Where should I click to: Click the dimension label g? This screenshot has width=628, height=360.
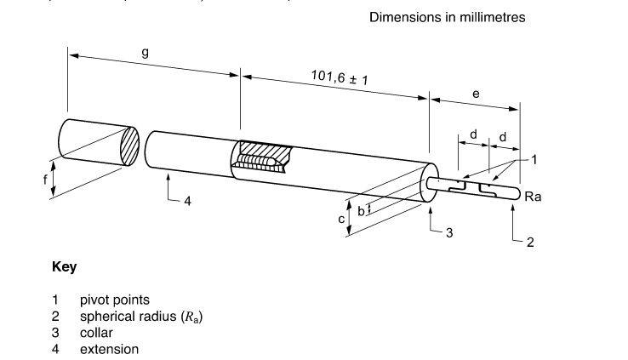(x=146, y=52)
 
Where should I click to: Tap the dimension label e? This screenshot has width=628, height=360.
(x=476, y=94)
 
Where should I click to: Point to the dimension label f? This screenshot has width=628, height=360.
(x=46, y=180)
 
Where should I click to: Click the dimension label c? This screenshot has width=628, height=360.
(x=342, y=219)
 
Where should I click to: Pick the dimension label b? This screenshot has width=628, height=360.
(x=361, y=209)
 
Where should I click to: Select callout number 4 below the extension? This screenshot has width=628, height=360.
(x=187, y=202)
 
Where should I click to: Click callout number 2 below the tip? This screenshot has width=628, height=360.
(x=530, y=242)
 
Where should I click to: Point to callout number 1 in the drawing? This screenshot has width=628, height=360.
(x=534, y=159)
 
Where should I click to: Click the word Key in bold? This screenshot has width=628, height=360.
(x=64, y=267)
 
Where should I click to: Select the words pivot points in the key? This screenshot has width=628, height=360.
(x=114, y=300)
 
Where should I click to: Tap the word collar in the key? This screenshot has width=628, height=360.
(x=96, y=333)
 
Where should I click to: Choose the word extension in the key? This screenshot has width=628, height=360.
(x=109, y=349)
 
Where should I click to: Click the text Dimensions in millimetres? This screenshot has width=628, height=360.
(x=447, y=17)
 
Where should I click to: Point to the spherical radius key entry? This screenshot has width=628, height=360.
(x=141, y=317)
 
